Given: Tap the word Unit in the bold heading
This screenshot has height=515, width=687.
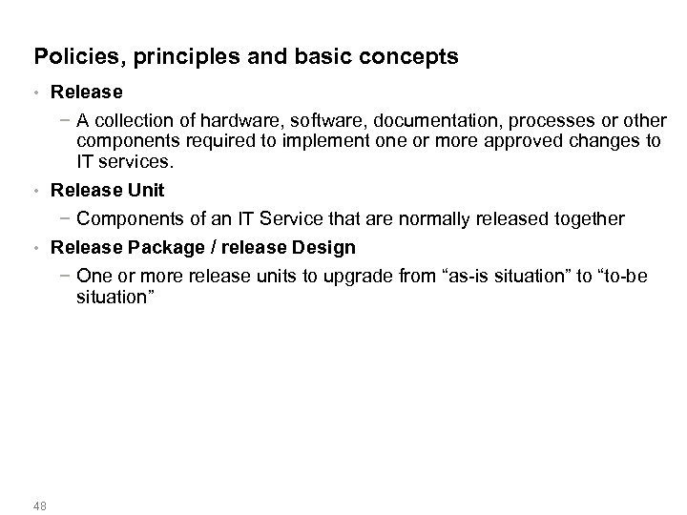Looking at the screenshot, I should (146, 191).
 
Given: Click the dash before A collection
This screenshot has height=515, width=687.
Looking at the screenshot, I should (64, 120).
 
